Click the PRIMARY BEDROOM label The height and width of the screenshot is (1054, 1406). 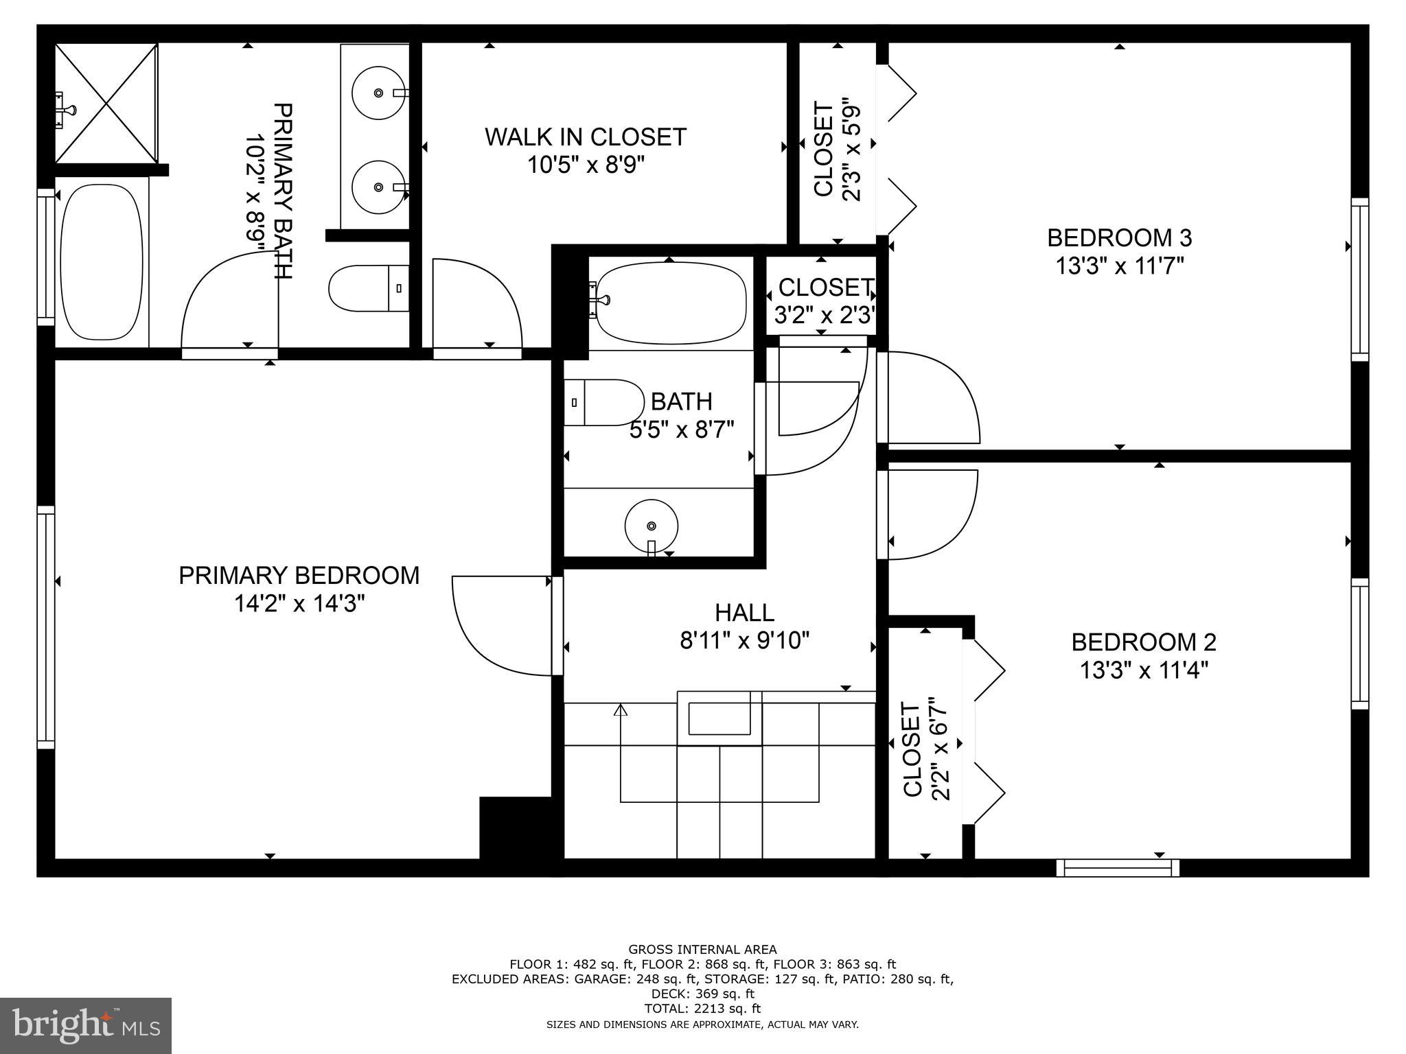[299, 576]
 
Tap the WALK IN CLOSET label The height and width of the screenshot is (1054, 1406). [585, 137]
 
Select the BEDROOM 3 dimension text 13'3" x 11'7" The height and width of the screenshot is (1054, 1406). [1120, 266]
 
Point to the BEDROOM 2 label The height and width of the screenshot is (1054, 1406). [1144, 642]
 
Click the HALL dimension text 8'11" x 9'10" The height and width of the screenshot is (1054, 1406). [744, 641]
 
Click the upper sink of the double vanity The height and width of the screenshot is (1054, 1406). [377, 92]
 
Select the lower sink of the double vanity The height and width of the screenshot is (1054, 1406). [377, 187]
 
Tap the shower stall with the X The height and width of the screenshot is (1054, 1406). [106, 103]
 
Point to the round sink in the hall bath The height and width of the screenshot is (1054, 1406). [651, 526]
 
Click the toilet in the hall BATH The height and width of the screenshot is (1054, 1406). [602, 403]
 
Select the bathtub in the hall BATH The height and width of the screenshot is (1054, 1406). [671, 303]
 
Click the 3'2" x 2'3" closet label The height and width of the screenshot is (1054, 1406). [824, 301]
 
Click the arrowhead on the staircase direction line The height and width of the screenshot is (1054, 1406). [621, 710]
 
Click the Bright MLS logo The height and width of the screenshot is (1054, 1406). [86, 1025]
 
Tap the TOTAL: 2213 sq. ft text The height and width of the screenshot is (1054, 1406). [702, 1009]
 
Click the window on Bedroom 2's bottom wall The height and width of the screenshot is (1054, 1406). [1118, 868]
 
